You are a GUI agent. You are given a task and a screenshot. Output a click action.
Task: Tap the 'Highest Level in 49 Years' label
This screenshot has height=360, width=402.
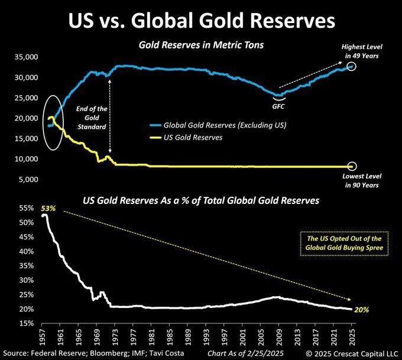click(360, 51)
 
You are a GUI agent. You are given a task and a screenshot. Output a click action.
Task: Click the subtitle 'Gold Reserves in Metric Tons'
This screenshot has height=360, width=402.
click(201, 45)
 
